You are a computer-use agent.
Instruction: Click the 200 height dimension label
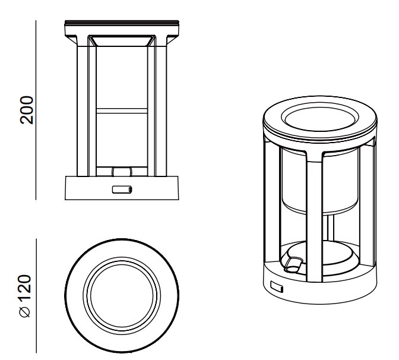pos(27,110)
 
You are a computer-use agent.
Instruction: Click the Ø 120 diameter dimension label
pos(26,296)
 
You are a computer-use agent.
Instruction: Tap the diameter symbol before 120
pos(25,312)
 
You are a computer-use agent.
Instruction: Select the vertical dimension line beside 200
pos(36,110)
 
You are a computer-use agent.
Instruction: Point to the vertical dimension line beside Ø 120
pos(36,296)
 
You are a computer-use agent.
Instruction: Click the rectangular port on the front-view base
pos(122,190)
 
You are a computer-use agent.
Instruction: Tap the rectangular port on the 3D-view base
pos(277,287)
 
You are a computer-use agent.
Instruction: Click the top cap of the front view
pos(122,28)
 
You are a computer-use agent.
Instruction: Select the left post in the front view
pos(82,110)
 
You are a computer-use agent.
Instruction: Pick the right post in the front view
pos(161,110)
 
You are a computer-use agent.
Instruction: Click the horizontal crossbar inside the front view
pos(122,110)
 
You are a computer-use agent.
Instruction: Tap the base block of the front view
pos(122,188)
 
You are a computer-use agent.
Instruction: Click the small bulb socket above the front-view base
pos(122,172)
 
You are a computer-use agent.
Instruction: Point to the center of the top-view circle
pos(122,296)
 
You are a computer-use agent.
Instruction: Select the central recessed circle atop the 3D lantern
pos(320,119)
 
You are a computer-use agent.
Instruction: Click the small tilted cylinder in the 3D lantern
pos(293,265)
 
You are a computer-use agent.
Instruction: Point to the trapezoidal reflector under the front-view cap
pos(122,41)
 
